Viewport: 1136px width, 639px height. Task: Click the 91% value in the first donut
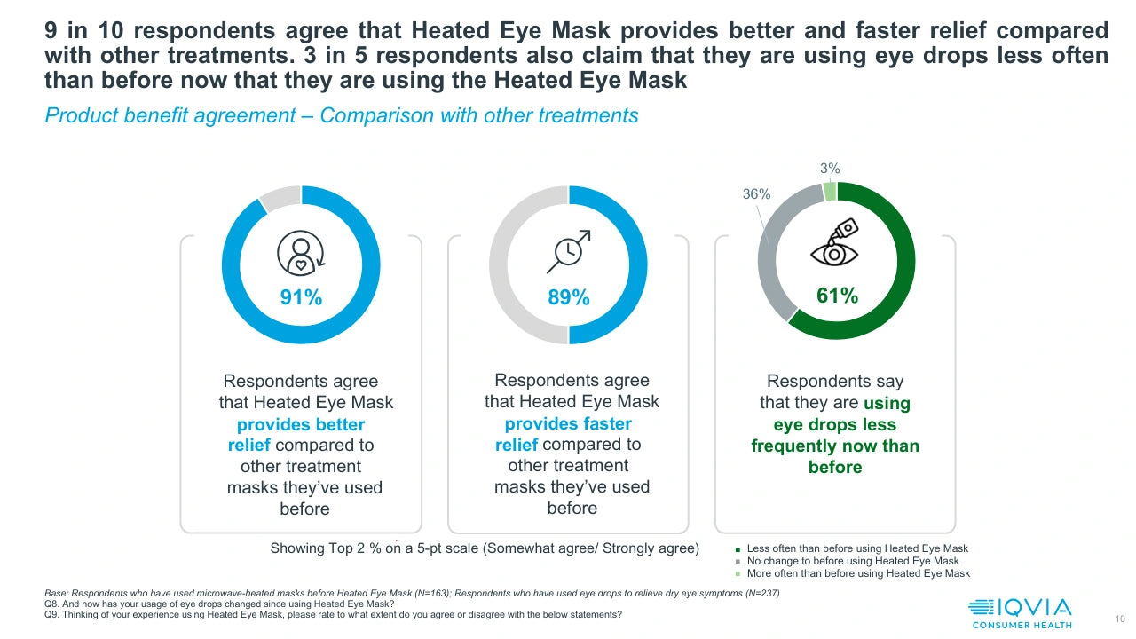tap(301, 297)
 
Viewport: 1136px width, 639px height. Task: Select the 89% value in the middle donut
tap(569, 298)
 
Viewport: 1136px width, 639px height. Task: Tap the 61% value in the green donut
tap(837, 296)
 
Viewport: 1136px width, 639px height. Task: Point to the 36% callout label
tap(756, 194)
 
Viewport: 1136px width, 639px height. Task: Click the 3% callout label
tap(830, 168)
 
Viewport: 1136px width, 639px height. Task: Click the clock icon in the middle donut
tap(568, 252)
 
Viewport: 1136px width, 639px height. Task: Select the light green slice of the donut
tap(830, 191)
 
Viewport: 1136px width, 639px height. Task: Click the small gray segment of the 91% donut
tap(280, 197)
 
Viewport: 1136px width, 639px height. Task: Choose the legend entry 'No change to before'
tap(852, 561)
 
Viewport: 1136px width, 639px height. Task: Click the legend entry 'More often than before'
tap(857, 573)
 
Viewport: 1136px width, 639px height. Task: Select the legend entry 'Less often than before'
tap(857, 548)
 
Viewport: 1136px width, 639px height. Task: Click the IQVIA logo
tap(1020, 612)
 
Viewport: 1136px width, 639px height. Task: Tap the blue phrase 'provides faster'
tap(568, 423)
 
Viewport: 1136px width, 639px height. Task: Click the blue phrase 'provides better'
tap(301, 424)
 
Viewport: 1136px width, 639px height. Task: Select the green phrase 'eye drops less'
tap(835, 424)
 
